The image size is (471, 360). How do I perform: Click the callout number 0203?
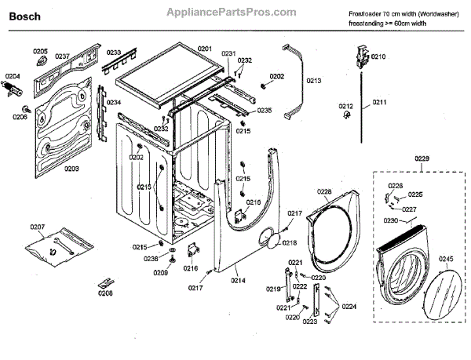pyautogui.click(x=71, y=169)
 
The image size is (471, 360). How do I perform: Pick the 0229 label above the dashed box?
pyautogui.click(x=422, y=160)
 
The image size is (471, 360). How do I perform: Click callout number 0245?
pyautogui.click(x=446, y=260)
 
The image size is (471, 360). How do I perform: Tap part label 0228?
pyautogui.click(x=324, y=191)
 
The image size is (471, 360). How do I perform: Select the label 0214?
pyautogui.click(x=237, y=280)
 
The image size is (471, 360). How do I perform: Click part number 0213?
pyautogui.click(x=314, y=81)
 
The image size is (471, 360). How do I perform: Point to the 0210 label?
pyautogui.click(x=378, y=56)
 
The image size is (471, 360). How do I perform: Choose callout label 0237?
pyautogui.click(x=63, y=56)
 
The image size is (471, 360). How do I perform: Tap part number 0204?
pyautogui.click(x=14, y=76)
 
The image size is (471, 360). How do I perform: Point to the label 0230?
pyautogui.click(x=390, y=221)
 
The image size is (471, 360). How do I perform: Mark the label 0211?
pyautogui.click(x=380, y=102)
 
